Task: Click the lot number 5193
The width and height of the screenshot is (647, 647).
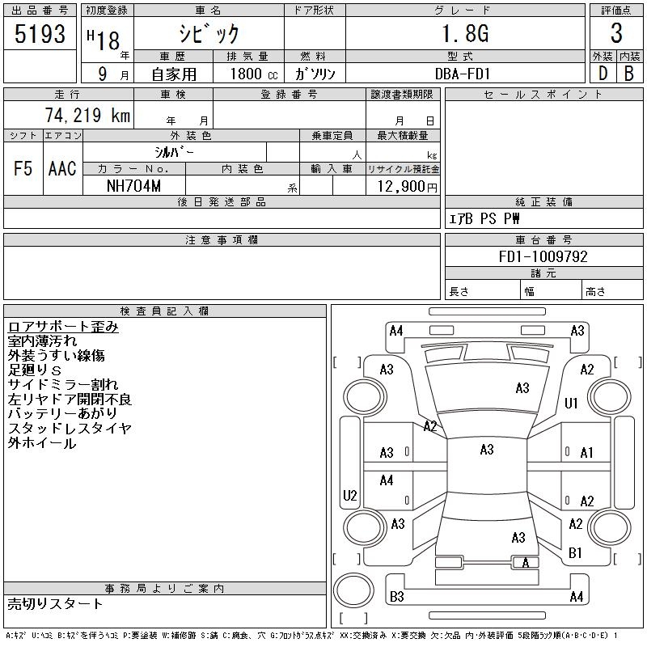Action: coord(40,34)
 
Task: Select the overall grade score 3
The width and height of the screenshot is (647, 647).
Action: coord(616,34)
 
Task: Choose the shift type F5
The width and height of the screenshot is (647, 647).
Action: coord(23,168)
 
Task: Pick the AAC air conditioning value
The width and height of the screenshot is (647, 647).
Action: coord(62,168)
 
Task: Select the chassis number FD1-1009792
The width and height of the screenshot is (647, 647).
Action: coord(543,256)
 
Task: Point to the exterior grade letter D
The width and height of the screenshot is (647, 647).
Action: coord(603,74)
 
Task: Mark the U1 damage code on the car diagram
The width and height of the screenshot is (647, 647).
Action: coord(571,403)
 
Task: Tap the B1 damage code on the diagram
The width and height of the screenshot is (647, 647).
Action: coord(576,553)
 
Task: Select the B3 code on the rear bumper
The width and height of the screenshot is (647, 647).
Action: coord(396,597)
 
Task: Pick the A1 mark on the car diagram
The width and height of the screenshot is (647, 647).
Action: coord(587,453)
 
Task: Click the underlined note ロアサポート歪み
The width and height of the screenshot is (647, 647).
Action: coord(63,327)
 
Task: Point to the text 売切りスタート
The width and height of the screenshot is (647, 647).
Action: coord(56,603)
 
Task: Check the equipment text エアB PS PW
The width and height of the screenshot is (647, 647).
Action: coord(484,219)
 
